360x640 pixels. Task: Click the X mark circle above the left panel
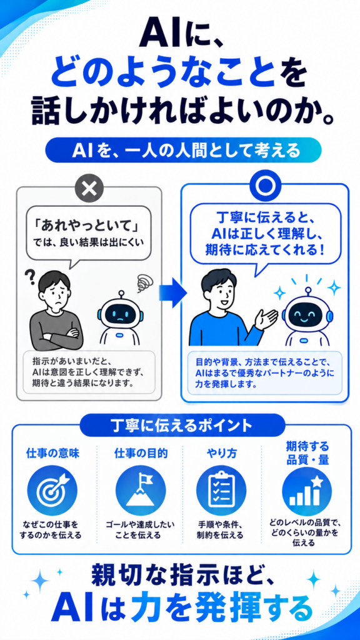click(89, 187)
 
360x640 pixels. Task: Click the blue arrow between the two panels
click(172, 292)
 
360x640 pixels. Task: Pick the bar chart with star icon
click(307, 492)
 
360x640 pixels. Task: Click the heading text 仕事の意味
click(52, 454)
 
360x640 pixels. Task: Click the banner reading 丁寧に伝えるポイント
click(182, 425)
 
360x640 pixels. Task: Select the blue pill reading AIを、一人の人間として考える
click(183, 151)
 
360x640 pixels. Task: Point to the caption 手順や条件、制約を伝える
click(220, 529)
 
